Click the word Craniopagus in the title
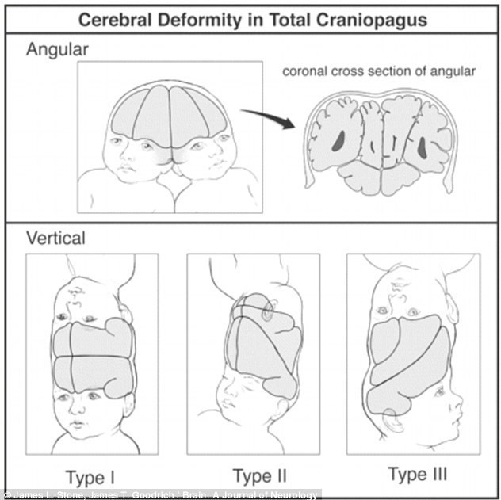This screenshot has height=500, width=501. click(x=372, y=21)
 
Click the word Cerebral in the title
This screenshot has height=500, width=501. click(x=116, y=20)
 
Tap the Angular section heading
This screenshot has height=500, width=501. click(x=57, y=50)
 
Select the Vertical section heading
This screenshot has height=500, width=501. click(x=56, y=238)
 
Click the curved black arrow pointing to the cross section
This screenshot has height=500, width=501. click(x=268, y=117)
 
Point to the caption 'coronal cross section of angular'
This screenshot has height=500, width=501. click(x=379, y=71)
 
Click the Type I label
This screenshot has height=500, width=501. click(x=90, y=478)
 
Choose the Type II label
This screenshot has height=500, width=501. click(x=260, y=475)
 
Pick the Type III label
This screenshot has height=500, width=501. click(x=417, y=474)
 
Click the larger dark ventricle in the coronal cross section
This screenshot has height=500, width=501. click(x=338, y=141)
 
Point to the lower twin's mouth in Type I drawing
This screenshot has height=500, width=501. click(x=77, y=425)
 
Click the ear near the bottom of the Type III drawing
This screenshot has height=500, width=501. click(x=392, y=420)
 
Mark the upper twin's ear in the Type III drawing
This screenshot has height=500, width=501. click(x=451, y=309)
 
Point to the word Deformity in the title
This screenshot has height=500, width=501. click(x=200, y=21)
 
